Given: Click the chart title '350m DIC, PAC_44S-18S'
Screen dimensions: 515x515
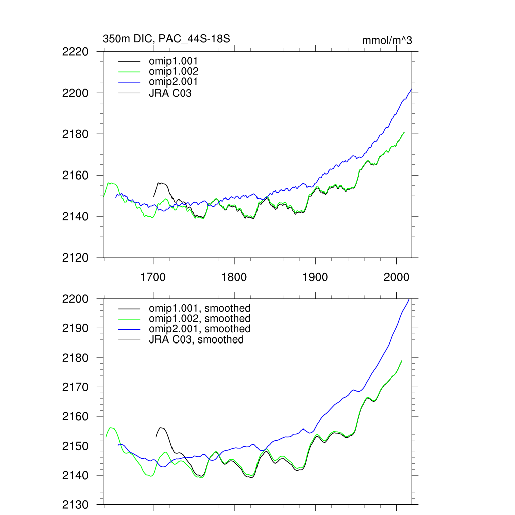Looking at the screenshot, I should point(166,38).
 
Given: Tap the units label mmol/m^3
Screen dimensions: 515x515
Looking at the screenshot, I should point(387,41).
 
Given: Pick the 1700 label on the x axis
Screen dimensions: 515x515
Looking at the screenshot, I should point(153,277).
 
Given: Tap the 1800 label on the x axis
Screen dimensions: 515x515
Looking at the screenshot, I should point(234,277).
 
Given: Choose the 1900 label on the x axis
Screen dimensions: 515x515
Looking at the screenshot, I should point(315,277).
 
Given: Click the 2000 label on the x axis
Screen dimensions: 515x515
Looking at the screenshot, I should point(396,277).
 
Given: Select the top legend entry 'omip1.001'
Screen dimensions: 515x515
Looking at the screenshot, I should point(173,61).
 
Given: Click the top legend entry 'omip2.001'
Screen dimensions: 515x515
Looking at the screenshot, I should point(173,81).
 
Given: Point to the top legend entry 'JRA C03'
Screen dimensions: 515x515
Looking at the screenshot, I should point(170,92).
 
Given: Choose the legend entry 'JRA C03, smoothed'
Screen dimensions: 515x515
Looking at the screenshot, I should point(196,340).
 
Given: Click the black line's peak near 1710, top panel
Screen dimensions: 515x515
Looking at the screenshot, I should point(161,183).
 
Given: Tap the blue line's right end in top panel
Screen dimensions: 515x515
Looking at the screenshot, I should point(412,89).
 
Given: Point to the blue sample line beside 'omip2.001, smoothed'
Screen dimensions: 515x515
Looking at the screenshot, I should point(130,329).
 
